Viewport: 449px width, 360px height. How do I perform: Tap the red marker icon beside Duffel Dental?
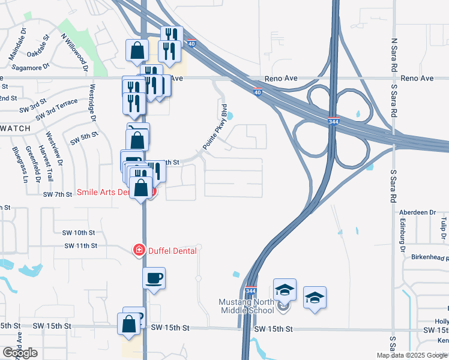(x=139, y=250)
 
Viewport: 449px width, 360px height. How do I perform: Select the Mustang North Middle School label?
(x=247, y=305)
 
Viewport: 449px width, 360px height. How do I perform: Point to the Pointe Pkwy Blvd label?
(x=215, y=128)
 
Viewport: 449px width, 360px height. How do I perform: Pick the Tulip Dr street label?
(x=444, y=228)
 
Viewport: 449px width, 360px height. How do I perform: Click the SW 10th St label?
(x=80, y=232)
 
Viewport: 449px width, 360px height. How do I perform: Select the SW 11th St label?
(x=80, y=246)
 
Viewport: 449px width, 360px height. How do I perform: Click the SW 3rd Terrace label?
(x=56, y=109)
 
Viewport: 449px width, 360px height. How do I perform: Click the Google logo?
(x=20, y=353)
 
